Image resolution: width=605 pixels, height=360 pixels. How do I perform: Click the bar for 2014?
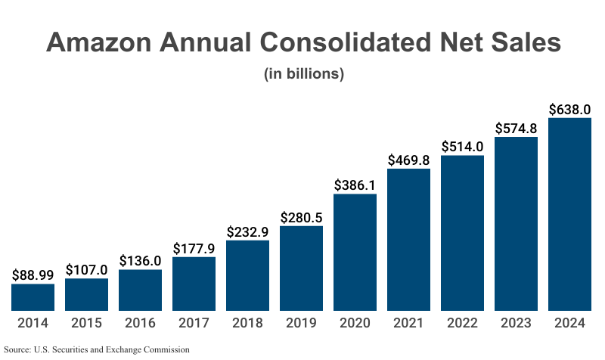click(33, 297)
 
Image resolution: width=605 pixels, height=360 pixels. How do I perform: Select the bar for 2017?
click(194, 284)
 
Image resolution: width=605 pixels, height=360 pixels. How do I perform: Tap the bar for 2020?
click(355, 252)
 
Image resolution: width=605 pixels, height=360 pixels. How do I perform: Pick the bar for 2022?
click(462, 233)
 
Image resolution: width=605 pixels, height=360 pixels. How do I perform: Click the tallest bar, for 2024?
click(569, 214)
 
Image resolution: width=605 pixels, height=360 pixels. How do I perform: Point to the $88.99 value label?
click(33, 275)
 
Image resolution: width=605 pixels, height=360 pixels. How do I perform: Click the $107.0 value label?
click(86, 270)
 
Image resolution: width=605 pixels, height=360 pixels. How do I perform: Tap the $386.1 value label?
click(355, 185)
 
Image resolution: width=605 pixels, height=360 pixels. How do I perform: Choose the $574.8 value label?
click(516, 128)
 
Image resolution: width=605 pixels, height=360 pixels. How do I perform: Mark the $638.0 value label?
click(569, 109)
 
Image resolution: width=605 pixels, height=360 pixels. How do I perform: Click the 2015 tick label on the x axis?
click(86, 324)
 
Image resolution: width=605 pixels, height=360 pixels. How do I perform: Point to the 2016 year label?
click(140, 324)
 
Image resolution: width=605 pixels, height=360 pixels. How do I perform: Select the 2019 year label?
click(301, 324)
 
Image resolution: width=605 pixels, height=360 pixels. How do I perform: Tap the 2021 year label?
click(408, 324)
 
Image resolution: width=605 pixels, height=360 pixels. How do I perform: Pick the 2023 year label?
click(516, 324)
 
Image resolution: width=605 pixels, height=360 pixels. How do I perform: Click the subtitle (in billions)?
click(303, 74)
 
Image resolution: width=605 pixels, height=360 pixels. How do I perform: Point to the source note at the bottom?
click(96, 350)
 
